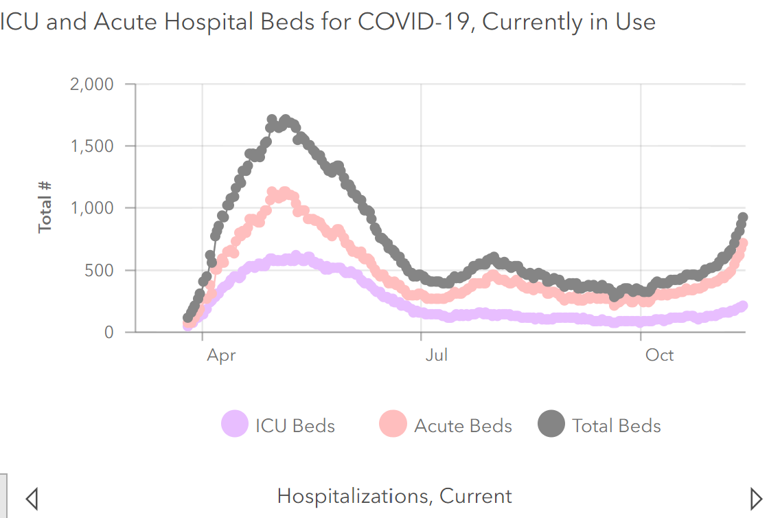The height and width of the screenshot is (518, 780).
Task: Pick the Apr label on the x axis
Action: (x=220, y=355)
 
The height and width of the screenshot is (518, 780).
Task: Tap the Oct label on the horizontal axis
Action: (x=659, y=355)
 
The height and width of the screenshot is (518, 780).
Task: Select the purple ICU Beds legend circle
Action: (x=234, y=423)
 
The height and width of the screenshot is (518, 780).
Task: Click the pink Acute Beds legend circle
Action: (x=393, y=423)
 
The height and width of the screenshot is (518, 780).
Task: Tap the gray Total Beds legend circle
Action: (x=551, y=423)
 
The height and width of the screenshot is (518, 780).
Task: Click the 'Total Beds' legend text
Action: (x=617, y=426)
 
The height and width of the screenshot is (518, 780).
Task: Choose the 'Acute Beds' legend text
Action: (x=463, y=426)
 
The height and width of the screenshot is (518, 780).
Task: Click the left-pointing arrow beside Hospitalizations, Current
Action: (x=32, y=497)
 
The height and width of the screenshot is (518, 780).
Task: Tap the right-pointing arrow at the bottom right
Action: (x=756, y=497)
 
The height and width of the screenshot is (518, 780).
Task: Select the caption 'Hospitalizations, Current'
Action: (x=394, y=496)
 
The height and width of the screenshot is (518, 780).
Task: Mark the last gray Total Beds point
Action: (x=742, y=218)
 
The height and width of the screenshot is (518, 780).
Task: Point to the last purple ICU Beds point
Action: (x=742, y=306)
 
